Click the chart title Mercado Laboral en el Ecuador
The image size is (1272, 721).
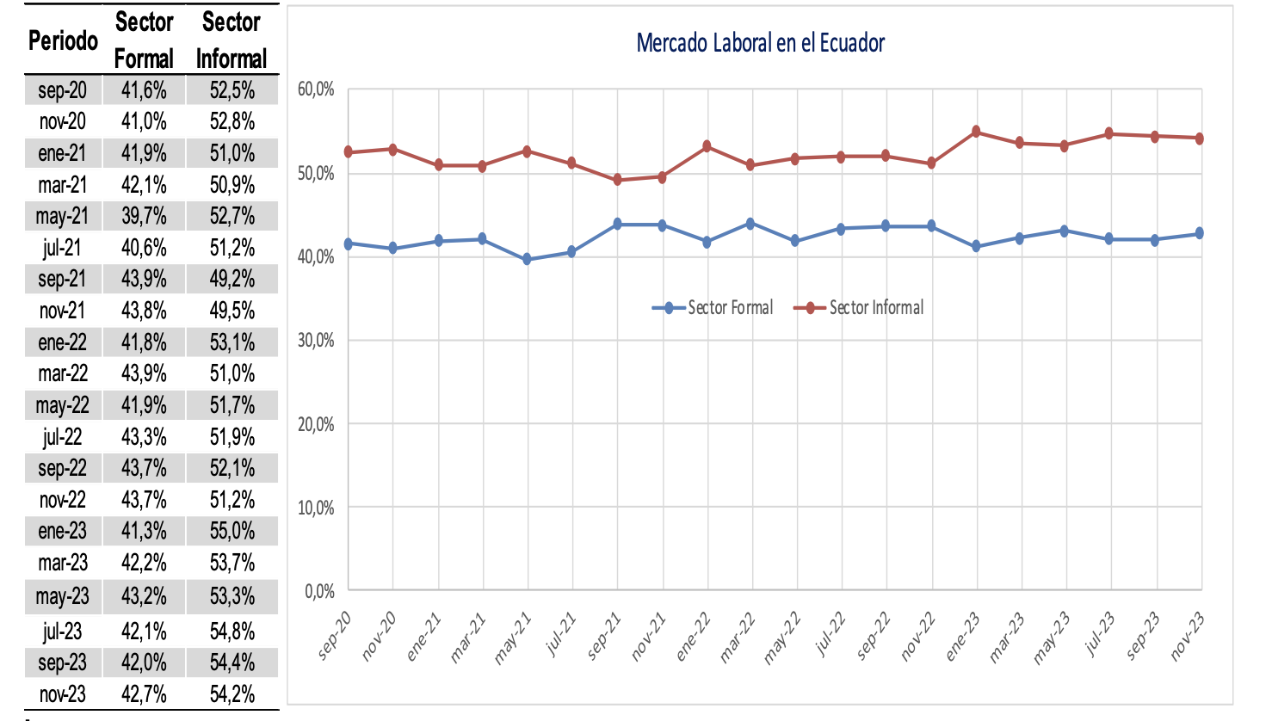pos(760,43)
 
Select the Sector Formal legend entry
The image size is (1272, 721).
pos(713,308)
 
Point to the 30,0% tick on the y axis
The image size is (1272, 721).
pos(316,341)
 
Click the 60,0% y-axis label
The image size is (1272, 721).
pos(316,89)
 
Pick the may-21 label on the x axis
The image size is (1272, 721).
pos(514,638)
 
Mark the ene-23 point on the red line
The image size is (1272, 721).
pos(976,132)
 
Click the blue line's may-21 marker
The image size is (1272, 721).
pos(528,259)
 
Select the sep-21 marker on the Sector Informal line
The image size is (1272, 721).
pos(617,180)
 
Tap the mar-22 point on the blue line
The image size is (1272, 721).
pos(750,224)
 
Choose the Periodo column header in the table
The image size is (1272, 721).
pos(63,40)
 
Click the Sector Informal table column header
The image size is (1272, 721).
pos(232,40)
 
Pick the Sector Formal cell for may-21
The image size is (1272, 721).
pos(144,216)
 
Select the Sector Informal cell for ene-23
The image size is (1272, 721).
pos(232,531)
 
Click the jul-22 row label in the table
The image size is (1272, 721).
pos(63,437)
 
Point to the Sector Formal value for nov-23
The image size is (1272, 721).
pos(144,693)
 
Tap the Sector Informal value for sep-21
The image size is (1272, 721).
pos(232,279)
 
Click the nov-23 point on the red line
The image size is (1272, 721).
pos(1200,138)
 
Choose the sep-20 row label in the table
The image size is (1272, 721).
pos(63,90)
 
